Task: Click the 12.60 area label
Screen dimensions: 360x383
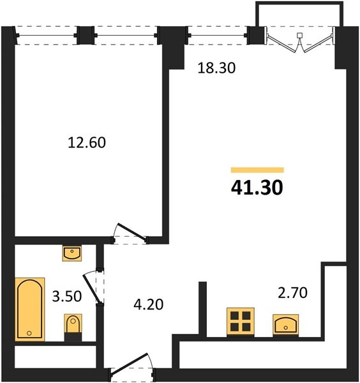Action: [x=87, y=142]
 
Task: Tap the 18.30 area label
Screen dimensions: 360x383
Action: [x=216, y=68]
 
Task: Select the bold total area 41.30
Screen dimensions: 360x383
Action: [x=257, y=188]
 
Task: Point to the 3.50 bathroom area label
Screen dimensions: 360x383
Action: [x=67, y=296]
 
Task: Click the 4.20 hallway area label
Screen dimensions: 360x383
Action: [x=149, y=304]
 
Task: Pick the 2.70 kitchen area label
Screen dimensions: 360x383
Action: [x=292, y=293]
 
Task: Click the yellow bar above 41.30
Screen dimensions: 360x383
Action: [x=257, y=170]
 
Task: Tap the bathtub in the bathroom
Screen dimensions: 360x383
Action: [x=30, y=309]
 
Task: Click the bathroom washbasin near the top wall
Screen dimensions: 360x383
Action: [x=71, y=253]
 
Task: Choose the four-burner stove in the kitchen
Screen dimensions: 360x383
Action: [x=241, y=322]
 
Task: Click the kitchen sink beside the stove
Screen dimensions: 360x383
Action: [x=285, y=325]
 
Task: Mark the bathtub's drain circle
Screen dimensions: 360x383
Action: [x=29, y=333]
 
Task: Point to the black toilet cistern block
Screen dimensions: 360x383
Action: [x=73, y=337]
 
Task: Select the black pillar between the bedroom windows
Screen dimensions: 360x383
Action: [x=86, y=35]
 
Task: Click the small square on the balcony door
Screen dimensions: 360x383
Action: [x=299, y=35]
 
